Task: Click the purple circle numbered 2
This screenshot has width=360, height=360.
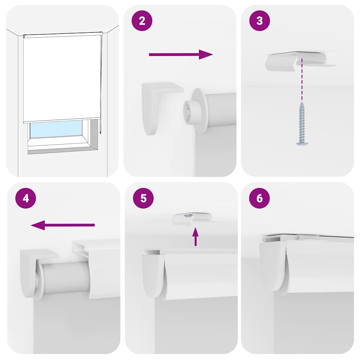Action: pyautogui.click(x=142, y=21)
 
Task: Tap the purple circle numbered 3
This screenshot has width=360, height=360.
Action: pyautogui.click(x=259, y=21)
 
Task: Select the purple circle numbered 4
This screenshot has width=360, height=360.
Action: pyautogui.click(x=26, y=199)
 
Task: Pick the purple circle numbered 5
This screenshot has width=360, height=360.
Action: pyautogui.click(x=143, y=198)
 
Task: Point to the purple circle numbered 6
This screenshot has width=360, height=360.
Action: pyautogui.click(x=259, y=198)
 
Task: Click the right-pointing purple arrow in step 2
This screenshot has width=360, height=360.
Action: pyautogui.click(x=181, y=54)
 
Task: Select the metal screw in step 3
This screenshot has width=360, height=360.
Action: pyautogui.click(x=302, y=123)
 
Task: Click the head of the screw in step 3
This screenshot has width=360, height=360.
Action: pyautogui.click(x=302, y=142)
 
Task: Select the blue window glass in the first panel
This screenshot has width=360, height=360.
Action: pyautogui.click(x=56, y=129)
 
